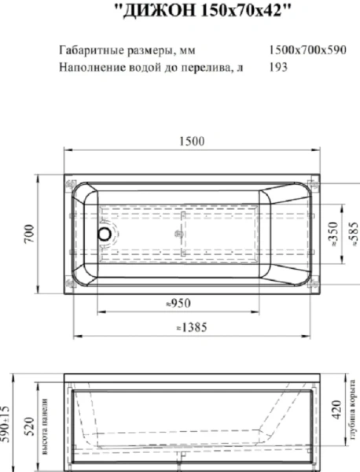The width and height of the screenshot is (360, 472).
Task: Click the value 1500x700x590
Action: pyautogui.click(x=307, y=50)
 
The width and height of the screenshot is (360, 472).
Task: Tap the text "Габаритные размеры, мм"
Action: pyautogui.click(x=127, y=50)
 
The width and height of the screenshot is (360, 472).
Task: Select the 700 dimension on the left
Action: pyautogui.click(x=28, y=234)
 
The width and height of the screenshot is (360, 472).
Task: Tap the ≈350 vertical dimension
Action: pyautogui.click(x=332, y=234)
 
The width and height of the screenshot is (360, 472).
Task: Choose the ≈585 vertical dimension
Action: pyautogui.click(x=353, y=234)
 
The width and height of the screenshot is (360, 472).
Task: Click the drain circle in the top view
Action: pyautogui.click(x=102, y=234)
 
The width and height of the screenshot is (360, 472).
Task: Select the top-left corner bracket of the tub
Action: pyautogui.click(x=69, y=185)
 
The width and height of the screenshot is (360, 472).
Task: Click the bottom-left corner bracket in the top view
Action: pyautogui.click(x=69, y=282)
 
